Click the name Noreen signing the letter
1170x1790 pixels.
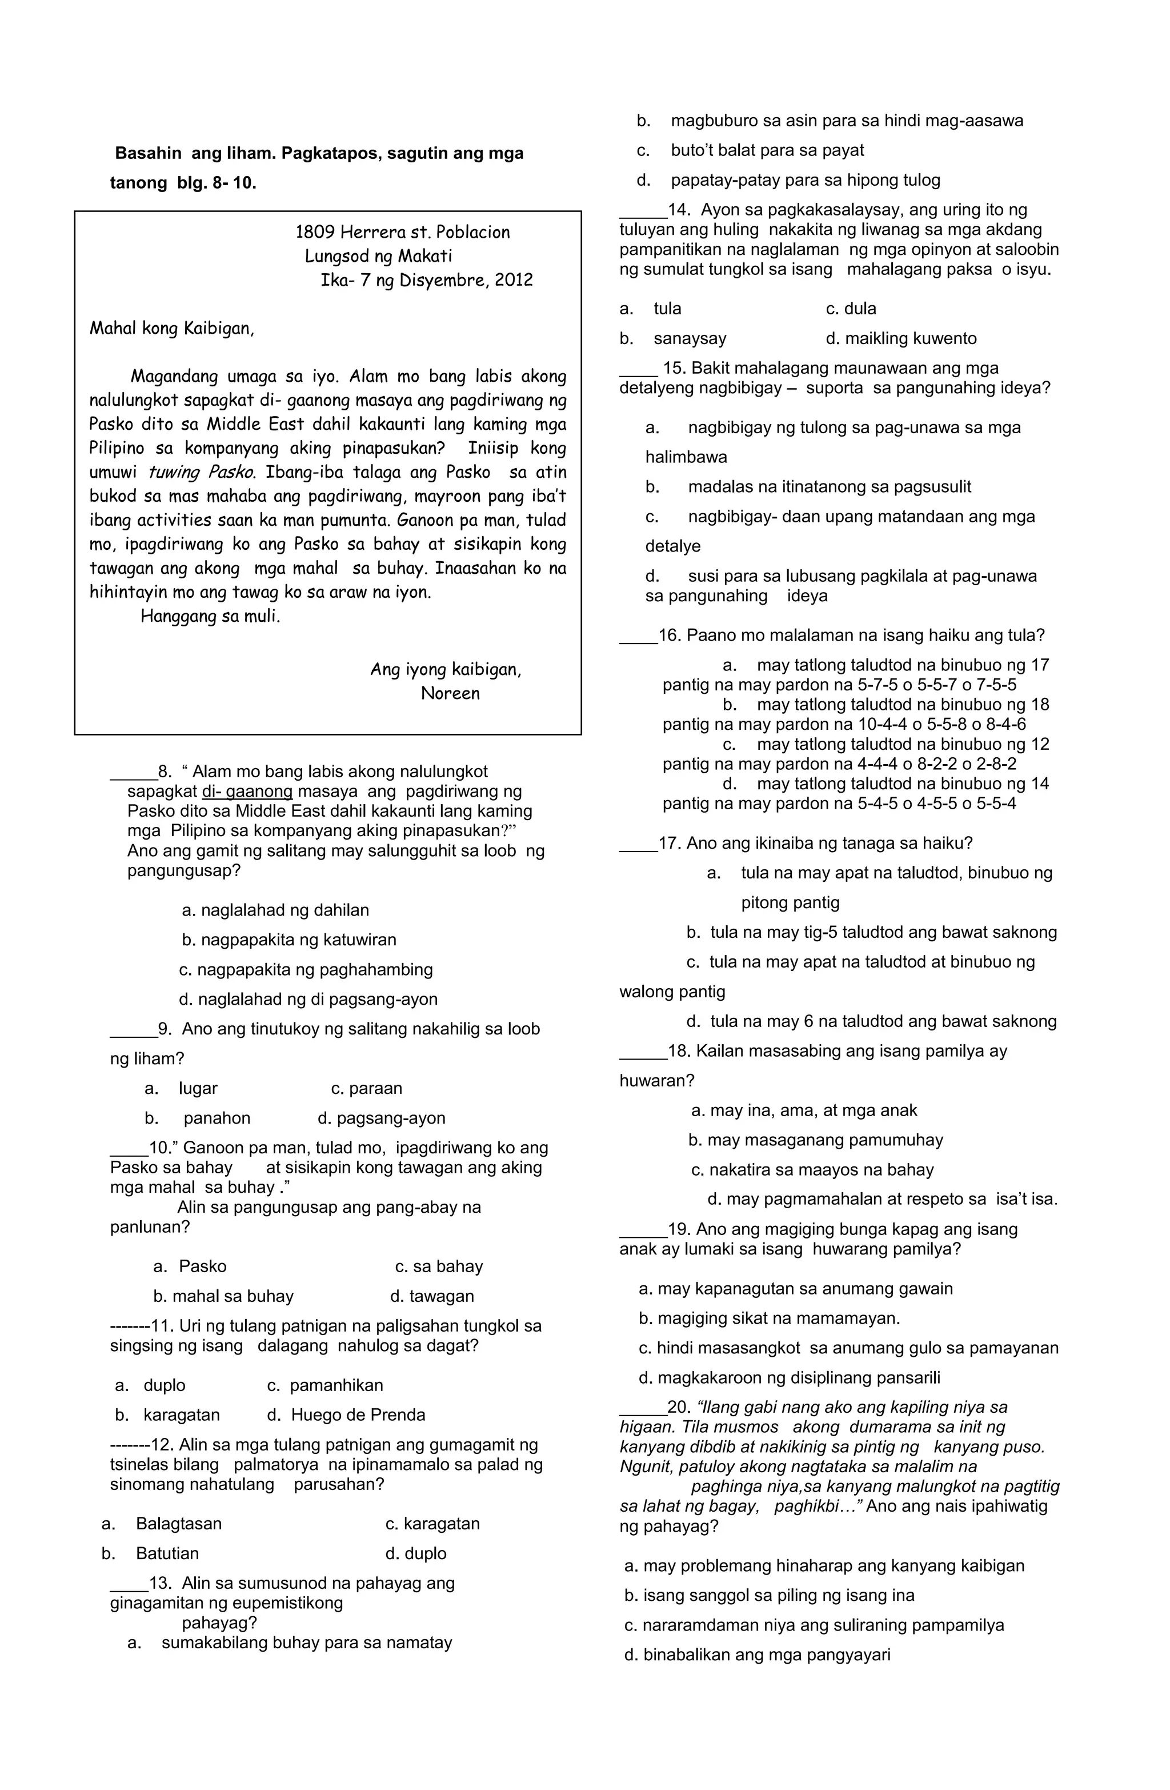pos(450,693)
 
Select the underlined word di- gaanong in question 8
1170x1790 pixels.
pos(247,792)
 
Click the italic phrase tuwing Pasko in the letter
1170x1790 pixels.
pos(202,472)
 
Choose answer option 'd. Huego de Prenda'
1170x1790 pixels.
pos(346,1415)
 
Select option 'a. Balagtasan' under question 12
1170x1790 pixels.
pos(162,1524)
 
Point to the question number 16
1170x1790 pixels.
pos(668,636)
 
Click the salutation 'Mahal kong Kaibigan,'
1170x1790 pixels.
pos(172,329)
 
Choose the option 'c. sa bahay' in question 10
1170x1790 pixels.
pos(439,1266)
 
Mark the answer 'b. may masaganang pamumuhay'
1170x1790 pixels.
pos(815,1140)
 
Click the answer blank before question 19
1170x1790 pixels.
pos(642,1230)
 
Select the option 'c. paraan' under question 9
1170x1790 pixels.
pos(366,1088)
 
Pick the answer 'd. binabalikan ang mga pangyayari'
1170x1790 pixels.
pos(757,1655)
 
